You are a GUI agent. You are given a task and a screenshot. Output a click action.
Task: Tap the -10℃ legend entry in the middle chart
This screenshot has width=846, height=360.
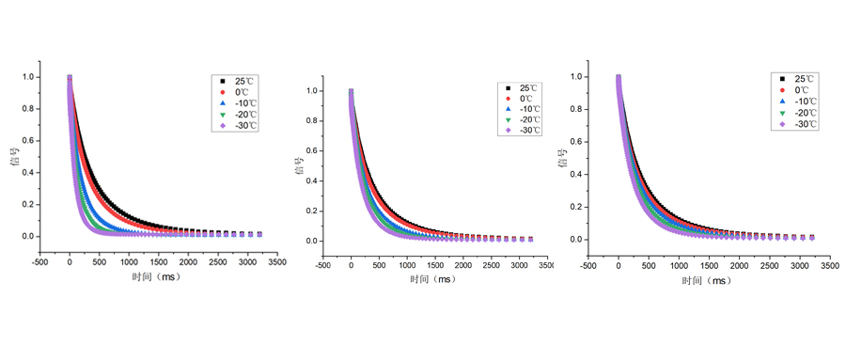[530, 109]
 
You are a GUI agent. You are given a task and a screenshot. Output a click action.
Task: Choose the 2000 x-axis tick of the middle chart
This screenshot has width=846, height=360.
[463, 265]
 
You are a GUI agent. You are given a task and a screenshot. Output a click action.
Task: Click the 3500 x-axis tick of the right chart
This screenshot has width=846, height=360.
[827, 265]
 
